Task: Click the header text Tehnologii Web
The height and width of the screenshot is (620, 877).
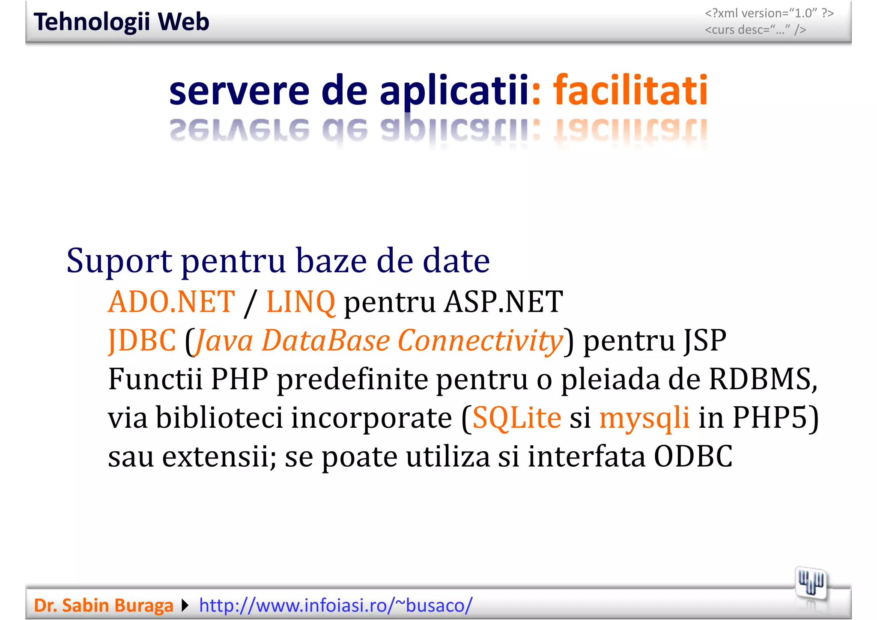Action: click(121, 22)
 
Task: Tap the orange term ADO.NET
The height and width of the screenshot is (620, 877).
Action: click(171, 302)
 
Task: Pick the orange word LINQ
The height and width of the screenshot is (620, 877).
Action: click(301, 302)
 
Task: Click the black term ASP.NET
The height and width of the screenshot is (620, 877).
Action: click(504, 302)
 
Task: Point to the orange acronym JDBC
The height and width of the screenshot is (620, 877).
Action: click(142, 341)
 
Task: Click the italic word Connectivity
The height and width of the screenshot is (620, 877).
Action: click(480, 341)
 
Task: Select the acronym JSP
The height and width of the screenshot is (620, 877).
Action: click(705, 341)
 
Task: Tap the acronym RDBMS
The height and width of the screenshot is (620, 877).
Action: click(761, 379)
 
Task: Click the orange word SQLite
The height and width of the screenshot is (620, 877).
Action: click(517, 418)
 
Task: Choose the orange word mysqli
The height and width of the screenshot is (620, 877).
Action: click(644, 418)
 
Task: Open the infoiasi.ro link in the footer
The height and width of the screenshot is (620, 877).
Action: click(336, 605)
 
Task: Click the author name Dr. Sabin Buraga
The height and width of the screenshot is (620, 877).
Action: click(104, 605)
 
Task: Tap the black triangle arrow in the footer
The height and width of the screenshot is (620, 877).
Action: click(185, 605)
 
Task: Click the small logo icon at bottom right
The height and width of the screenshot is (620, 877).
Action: click(811, 583)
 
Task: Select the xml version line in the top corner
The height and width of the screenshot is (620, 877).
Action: click(769, 13)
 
